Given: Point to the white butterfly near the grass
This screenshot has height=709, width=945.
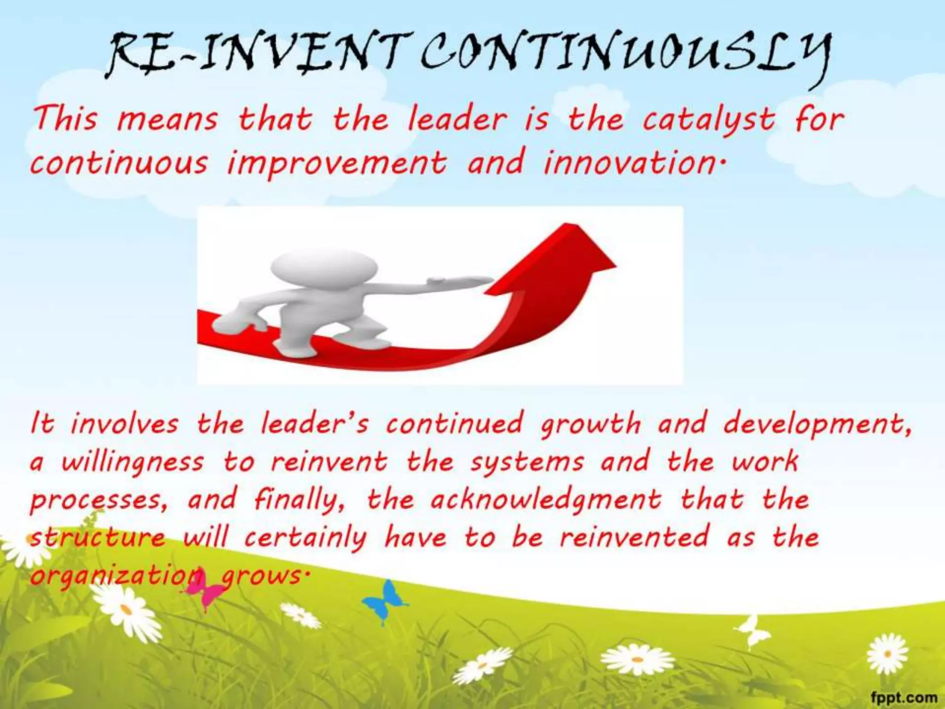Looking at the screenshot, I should point(752,630).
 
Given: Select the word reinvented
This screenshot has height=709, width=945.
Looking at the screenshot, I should point(634,538).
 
